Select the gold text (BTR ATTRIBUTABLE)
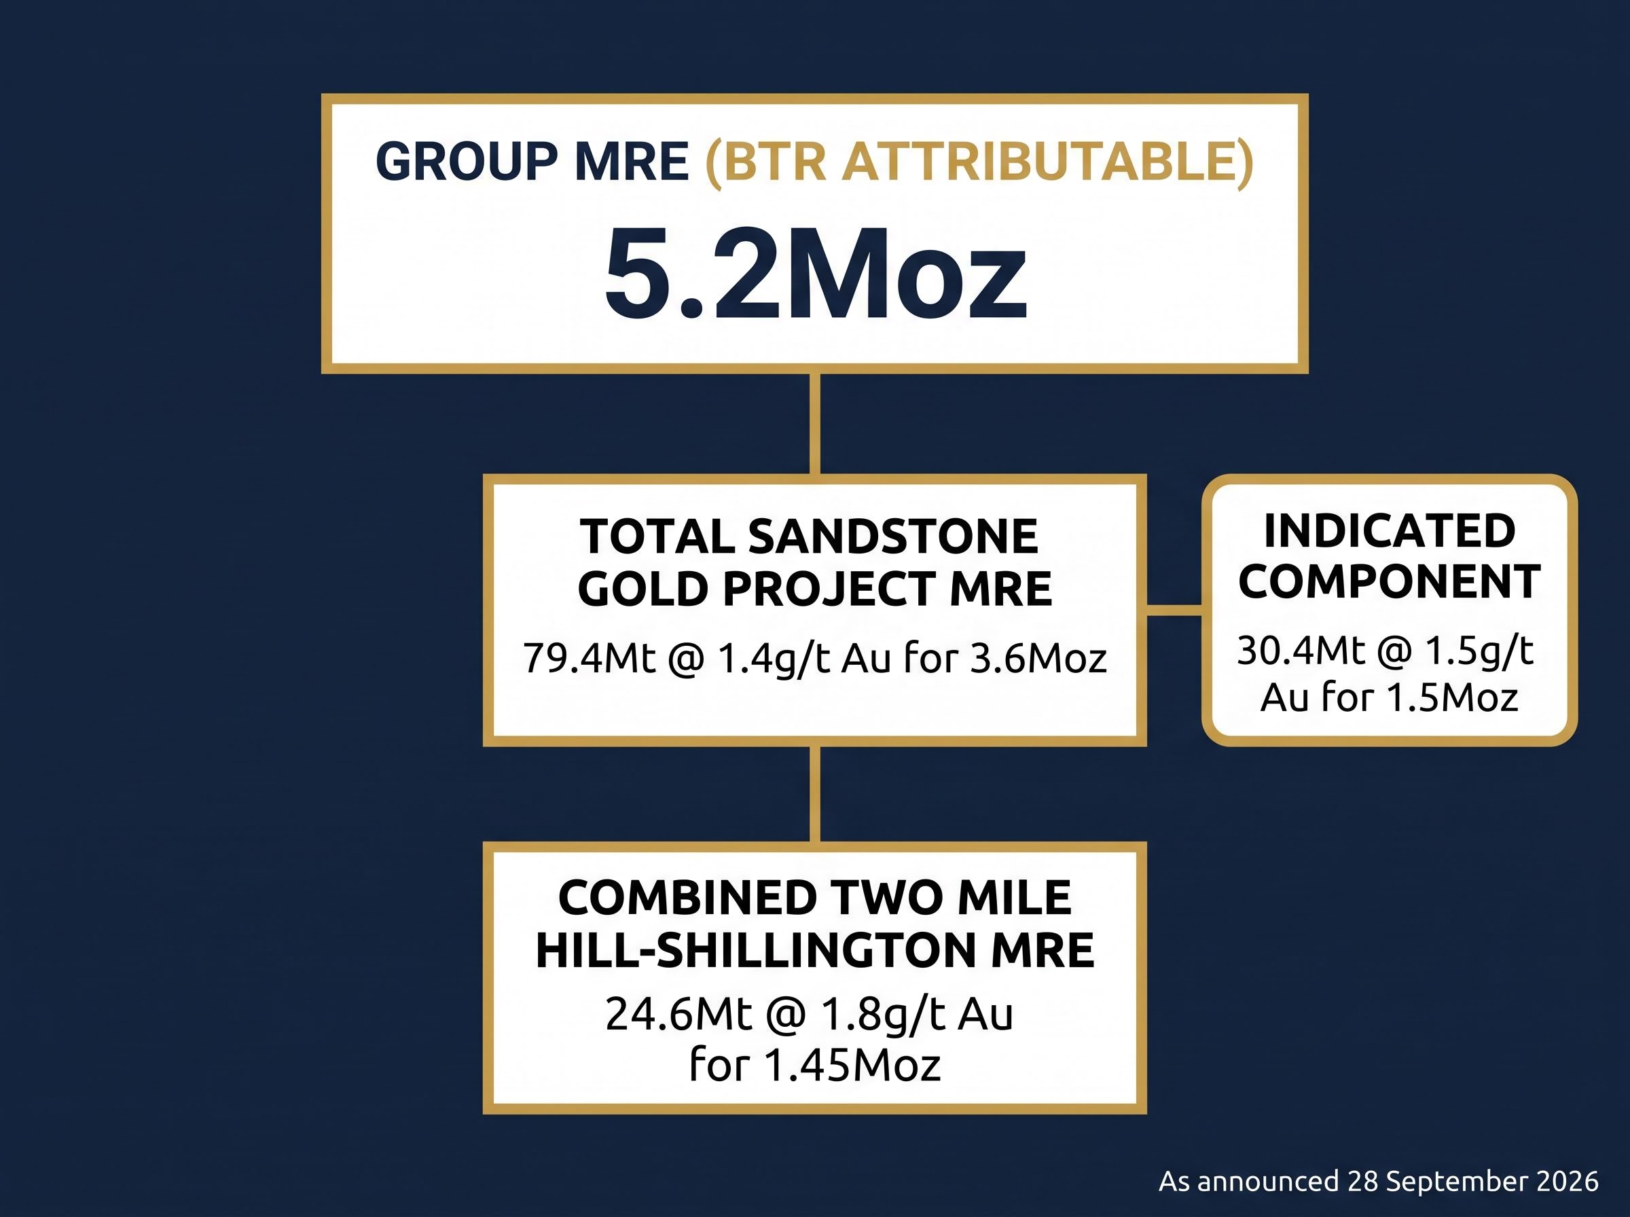[x=979, y=162]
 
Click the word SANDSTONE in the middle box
[x=892, y=537]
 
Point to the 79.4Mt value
[x=590, y=658]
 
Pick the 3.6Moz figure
[x=1038, y=658]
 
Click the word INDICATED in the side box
[x=1389, y=531]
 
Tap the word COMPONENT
[x=1389, y=581]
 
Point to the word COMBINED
[x=689, y=898]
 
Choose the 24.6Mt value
[x=678, y=1015]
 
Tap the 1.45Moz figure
[x=852, y=1064]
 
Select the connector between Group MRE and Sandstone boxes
[x=814, y=424]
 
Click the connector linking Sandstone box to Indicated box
[x=1174, y=609]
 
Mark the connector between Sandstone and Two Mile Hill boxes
[x=814, y=794]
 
